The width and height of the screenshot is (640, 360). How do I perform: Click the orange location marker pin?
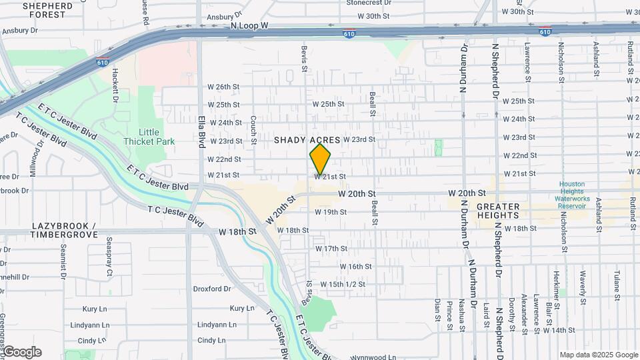point(320,159)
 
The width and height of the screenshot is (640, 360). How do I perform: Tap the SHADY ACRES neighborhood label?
point(307,140)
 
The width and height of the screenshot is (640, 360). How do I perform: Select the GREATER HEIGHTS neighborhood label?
point(507,211)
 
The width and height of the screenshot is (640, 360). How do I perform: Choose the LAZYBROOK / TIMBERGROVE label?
point(64,231)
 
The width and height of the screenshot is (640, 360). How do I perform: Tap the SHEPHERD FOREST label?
point(48,9)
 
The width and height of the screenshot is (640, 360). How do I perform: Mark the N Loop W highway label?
point(249,25)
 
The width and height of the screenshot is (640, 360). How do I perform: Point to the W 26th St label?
point(223,87)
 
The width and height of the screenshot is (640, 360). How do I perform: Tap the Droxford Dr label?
point(211,289)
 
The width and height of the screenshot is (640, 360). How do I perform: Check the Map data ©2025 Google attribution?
point(598,355)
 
